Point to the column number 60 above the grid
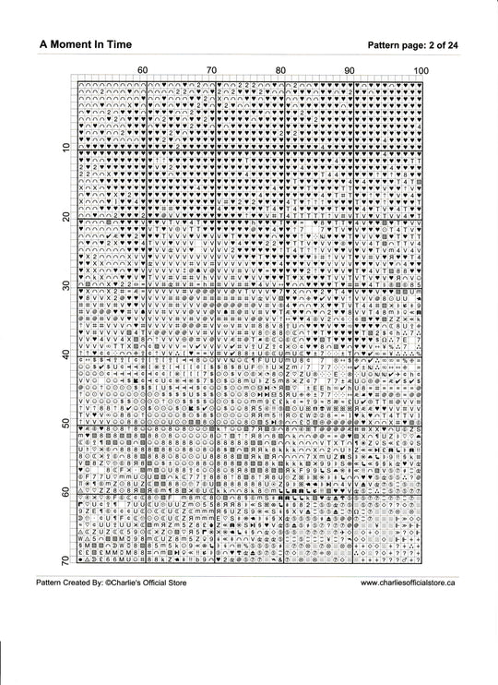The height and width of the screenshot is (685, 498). pos(143,71)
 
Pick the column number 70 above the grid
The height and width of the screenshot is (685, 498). pos(212,71)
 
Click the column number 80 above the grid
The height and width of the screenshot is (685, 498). pos(281,71)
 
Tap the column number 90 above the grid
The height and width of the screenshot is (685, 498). pos(350,71)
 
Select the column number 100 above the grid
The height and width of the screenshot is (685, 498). pos(421,71)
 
